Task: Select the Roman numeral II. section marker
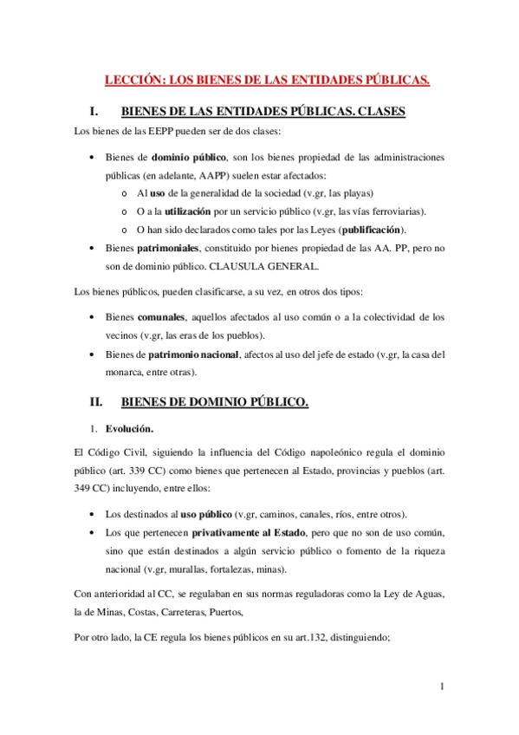point(97,402)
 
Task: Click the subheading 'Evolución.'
point(130,428)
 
